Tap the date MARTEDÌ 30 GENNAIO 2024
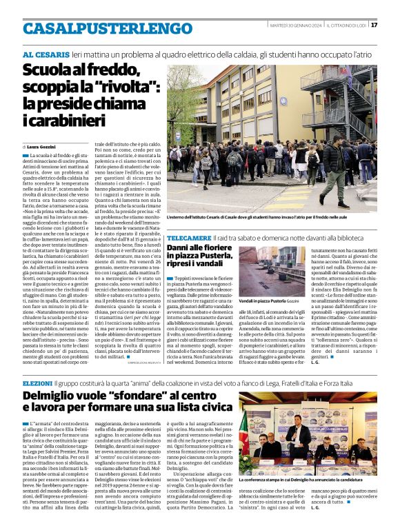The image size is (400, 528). pos(295,24)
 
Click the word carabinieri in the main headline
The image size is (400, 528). pos(66,120)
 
